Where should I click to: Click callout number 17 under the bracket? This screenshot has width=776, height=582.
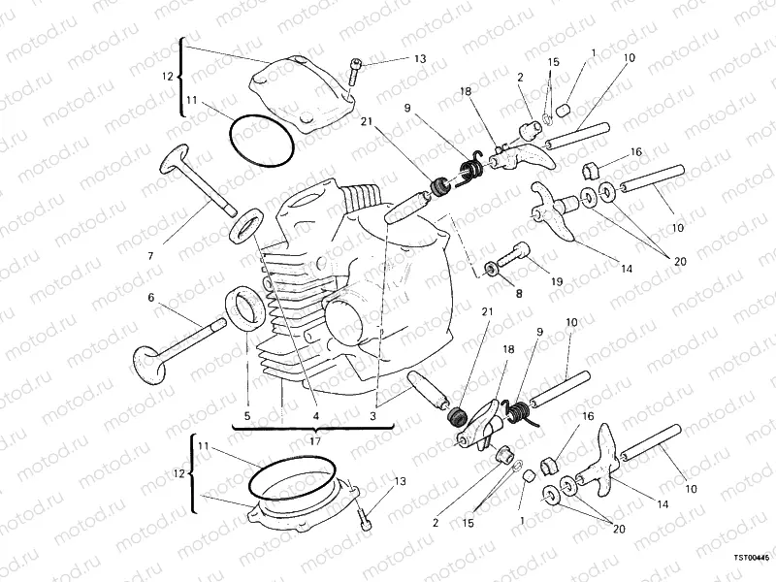(x=312, y=441)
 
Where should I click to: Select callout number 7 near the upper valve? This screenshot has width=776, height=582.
(x=151, y=256)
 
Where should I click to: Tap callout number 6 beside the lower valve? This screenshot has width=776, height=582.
(x=150, y=298)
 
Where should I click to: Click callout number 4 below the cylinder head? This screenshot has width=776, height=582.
(x=315, y=415)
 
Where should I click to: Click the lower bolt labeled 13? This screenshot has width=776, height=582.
(x=365, y=514)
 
